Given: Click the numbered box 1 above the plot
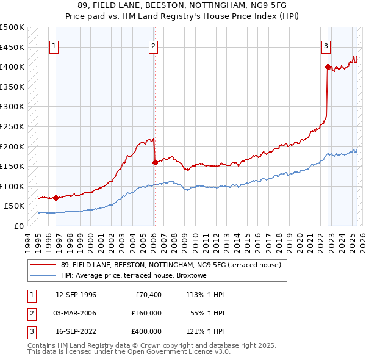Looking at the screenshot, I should (55, 45).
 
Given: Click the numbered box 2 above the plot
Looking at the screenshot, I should (153, 45).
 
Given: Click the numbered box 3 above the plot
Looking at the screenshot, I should (326, 45).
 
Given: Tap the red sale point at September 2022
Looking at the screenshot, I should (328, 67).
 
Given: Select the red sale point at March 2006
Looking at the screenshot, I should (154, 162).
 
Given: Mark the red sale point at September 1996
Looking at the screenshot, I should (56, 198).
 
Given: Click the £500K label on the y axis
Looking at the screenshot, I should (12, 27).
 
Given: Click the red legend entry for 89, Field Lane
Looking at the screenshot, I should (170, 265).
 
